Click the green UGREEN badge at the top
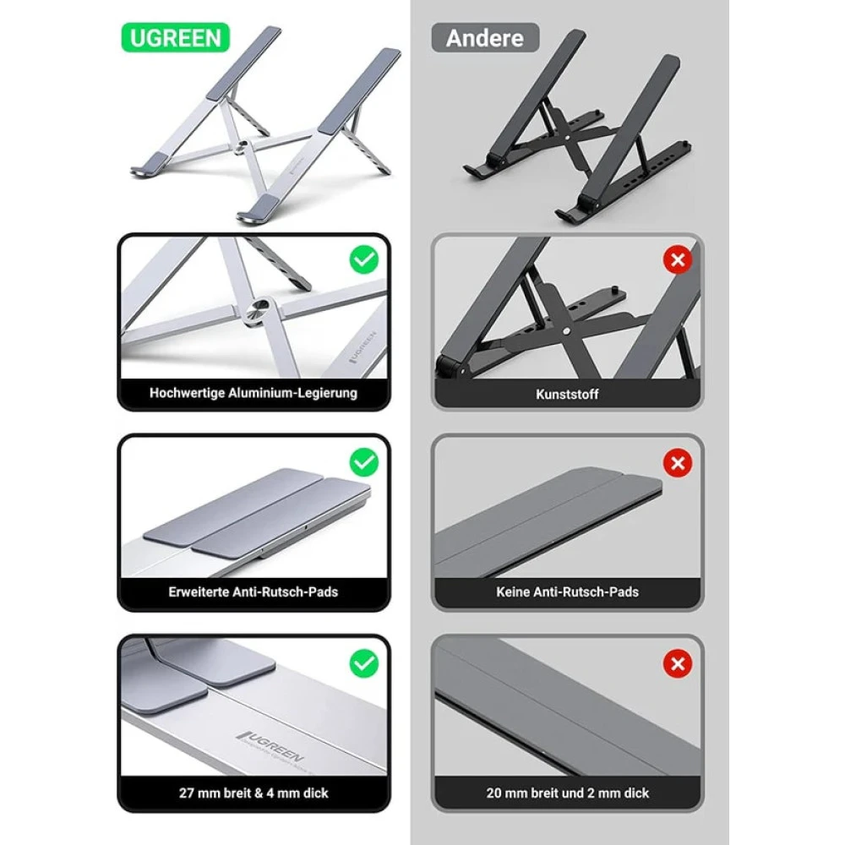[176, 38]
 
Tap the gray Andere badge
[484, 38]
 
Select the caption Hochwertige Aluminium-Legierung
[253, 393]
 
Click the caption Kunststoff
[567, 394]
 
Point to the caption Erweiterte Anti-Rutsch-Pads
[253, 592]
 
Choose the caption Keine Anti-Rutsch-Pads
[567, 592]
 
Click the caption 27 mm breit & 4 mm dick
[253, 793]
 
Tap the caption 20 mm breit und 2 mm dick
[567, 793]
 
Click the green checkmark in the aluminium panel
[364, 260]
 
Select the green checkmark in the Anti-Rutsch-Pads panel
[364, 461]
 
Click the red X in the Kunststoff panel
[677, 260]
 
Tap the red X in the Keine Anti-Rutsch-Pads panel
[677, 461]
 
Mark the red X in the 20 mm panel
[677, 663]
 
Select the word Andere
[484, 38]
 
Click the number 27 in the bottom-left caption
[188, 793]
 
